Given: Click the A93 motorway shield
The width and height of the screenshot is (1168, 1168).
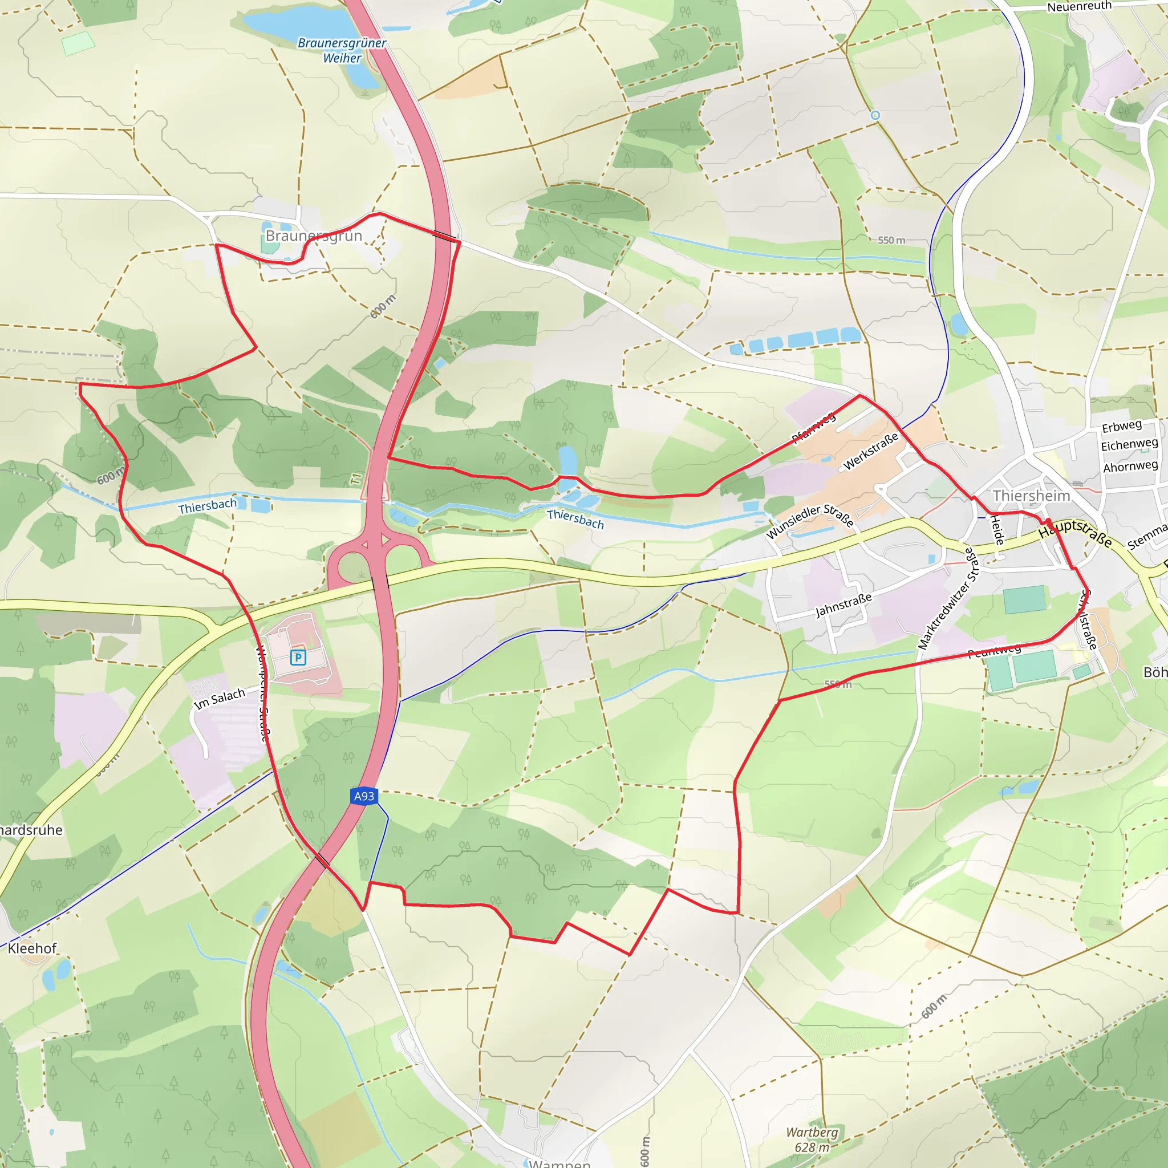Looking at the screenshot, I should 364,796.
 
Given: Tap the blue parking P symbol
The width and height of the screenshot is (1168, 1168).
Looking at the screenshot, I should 298,657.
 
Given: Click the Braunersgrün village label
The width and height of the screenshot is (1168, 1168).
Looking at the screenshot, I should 314,236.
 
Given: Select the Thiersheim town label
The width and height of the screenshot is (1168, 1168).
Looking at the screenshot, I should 1031,496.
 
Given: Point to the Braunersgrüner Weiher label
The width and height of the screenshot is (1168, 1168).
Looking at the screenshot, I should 342,51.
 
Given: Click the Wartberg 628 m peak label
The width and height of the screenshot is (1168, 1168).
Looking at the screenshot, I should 812,1139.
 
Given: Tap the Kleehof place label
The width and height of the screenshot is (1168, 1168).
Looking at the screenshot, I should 32,948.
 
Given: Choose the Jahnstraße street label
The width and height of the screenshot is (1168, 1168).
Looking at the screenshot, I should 843,605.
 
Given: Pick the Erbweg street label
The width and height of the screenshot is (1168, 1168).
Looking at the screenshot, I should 1121,426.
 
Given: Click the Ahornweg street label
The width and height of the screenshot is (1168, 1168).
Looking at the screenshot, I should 1130,467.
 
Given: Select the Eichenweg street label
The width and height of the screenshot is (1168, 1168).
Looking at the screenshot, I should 1129,445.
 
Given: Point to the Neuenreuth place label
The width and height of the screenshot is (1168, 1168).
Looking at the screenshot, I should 1079,7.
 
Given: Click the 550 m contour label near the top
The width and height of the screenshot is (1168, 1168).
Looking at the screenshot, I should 892,240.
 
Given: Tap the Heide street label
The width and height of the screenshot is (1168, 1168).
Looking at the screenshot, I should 997,530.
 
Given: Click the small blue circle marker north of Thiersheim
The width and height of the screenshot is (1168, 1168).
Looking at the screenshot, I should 875,115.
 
